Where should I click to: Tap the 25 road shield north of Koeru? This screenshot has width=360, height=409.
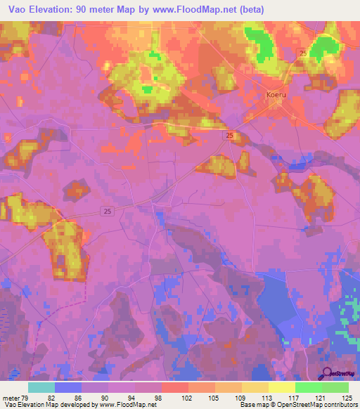pos(302,53)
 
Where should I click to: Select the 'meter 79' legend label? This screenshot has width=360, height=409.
pos(15,398)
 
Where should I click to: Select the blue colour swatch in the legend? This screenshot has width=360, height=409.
pos(67,387)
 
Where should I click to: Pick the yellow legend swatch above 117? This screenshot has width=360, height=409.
pos(281,387)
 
